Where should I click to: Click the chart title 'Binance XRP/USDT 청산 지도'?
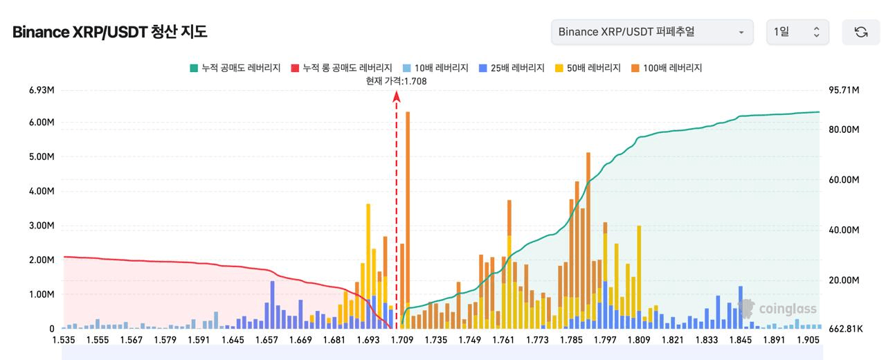(x=110, y=32)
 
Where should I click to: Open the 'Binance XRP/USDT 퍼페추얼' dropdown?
(x=652, y=32)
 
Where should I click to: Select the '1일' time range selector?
(x=797, y=32)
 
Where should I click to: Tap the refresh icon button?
(x=861, y=32)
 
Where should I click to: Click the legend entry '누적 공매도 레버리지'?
(x=235, y=68)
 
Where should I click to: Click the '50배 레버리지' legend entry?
(x=588, y=68)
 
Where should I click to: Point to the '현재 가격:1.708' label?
(x=397, y=81)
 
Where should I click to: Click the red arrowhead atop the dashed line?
(x=397, y=98)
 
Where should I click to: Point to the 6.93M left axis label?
(x=42, y=91)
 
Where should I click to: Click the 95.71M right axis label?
(x=843, y=91)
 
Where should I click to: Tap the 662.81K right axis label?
(x=845, y=329)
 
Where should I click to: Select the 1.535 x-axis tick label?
(x=64, y=341)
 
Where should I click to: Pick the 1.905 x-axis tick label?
(x=808, y=341)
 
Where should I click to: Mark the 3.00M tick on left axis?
(x=42, y=226)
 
